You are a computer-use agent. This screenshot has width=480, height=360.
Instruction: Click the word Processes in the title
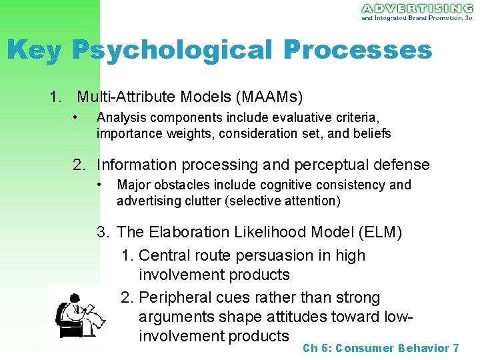tap(357, 50)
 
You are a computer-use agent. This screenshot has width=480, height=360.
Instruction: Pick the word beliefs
tap(371, 133)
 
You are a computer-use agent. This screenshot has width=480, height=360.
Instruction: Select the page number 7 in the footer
tap(455, 348)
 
